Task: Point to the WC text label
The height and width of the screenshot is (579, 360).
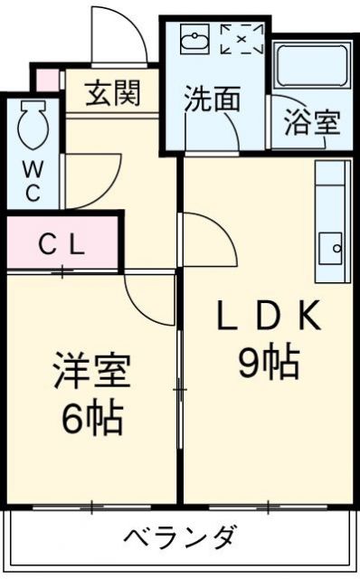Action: (x=32, y=179)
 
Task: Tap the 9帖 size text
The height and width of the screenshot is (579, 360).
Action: (x=269, y=363)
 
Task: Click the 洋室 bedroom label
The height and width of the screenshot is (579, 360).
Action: (x=90, y=372)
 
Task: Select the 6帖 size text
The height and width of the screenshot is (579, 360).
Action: (x=90, y=417)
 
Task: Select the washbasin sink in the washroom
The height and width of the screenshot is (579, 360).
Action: (x=194, y=40)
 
